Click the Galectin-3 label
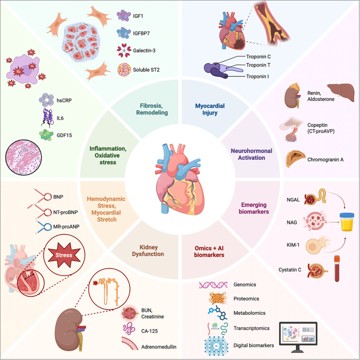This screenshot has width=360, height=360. click(144, 50)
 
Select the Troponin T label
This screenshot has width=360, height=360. click(258, 65)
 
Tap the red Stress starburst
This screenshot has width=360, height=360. click(64, 255)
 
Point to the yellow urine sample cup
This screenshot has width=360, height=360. click(347, 222)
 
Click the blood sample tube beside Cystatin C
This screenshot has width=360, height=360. click(337, 269)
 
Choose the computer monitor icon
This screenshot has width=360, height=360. click(298, 337)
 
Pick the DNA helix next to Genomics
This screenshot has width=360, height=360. click(213, 285)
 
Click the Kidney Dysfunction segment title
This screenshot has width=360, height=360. click(148, 251)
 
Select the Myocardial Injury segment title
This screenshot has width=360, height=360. click(210, 109)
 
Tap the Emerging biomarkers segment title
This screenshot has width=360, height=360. click(254, 208)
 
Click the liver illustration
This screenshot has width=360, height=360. click(341, 92)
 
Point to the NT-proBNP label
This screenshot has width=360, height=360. click(66, 212)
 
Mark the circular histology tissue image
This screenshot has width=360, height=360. click(24, 158)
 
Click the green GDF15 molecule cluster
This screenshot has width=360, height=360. click(46, 135)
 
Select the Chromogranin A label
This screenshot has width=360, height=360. click(325, 160)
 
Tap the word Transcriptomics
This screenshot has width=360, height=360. click(251, 328)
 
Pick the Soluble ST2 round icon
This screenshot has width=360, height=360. click(124, 70)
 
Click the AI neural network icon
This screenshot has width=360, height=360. click(216, 345)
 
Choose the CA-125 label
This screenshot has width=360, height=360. click(149, 331)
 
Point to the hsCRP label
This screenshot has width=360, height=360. click(64, 100)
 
